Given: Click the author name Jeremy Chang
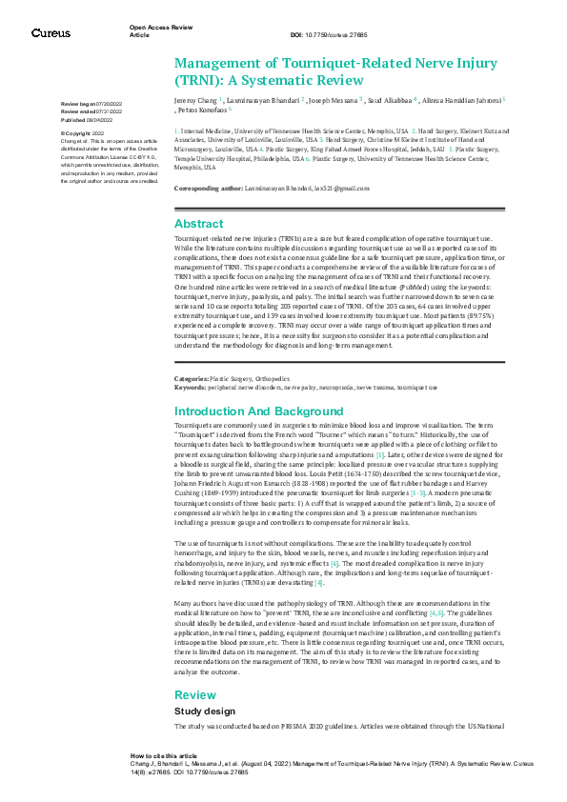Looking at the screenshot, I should click(x=196, y=99).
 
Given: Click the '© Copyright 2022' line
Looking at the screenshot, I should click(x=85, y=133).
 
